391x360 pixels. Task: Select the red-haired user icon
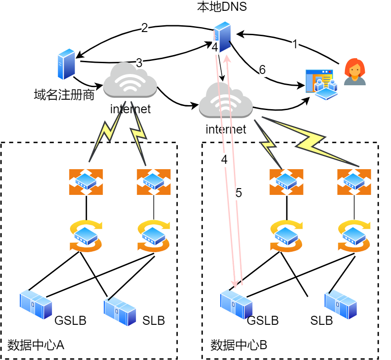click(354, 72)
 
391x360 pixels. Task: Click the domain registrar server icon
click(66, 65)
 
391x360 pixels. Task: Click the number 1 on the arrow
click(295, 44)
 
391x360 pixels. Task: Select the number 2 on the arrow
click(144, 28)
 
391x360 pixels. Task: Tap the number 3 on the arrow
click(139, 63)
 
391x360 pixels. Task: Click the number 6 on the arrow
click(262, 70)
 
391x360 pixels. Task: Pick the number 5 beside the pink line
click(239, 193)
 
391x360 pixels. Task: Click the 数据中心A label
click(36, 345)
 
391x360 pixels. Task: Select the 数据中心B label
click(239, 345)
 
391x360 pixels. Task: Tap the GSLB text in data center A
click(70, 321)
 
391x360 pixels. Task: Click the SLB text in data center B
click(321, 321)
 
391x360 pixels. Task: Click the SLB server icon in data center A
click(120, 311)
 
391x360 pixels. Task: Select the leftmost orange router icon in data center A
click(86, 182)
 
